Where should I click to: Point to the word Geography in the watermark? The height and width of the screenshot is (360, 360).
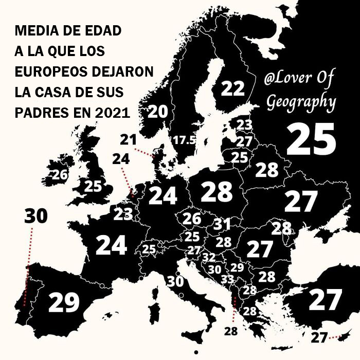point(301,102)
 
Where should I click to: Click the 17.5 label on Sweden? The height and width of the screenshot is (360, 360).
point(184,140)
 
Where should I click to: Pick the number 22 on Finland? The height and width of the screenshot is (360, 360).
point(232,89)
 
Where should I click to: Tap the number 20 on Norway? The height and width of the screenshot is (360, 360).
point(158,112)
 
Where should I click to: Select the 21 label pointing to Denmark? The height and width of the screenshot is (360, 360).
point(128,139)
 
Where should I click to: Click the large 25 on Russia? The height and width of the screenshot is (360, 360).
point(311,139)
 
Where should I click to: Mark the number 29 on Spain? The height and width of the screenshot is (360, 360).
point(64,302)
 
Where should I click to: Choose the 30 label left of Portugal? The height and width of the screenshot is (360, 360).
point(36,217)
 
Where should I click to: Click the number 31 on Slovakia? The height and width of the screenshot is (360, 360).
point(222,225)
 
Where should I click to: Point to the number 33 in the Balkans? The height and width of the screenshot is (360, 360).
point(227,279)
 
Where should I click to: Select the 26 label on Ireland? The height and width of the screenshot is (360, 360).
point(60,175)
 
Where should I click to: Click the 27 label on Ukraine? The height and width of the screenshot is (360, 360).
point(301,202)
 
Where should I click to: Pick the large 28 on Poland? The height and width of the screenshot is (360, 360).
point(217,192)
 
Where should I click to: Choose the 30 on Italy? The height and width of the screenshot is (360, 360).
point(175,281)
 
